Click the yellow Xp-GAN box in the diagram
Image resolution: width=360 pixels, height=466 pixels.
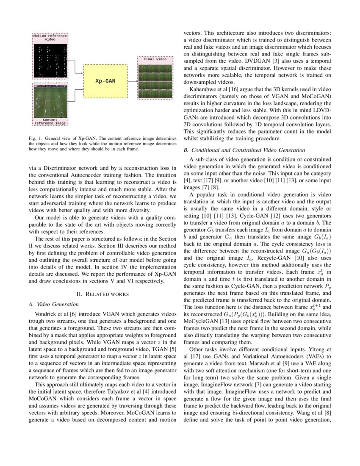(x=105, y=81)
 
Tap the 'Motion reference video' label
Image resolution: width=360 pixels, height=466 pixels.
(x=50, y=38)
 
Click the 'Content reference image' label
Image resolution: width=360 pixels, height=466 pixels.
(x=50, y=122)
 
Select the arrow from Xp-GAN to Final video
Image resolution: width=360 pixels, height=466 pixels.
(x=131, y=81)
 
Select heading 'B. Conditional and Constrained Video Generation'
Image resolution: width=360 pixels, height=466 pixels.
(x=250, y=150)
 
